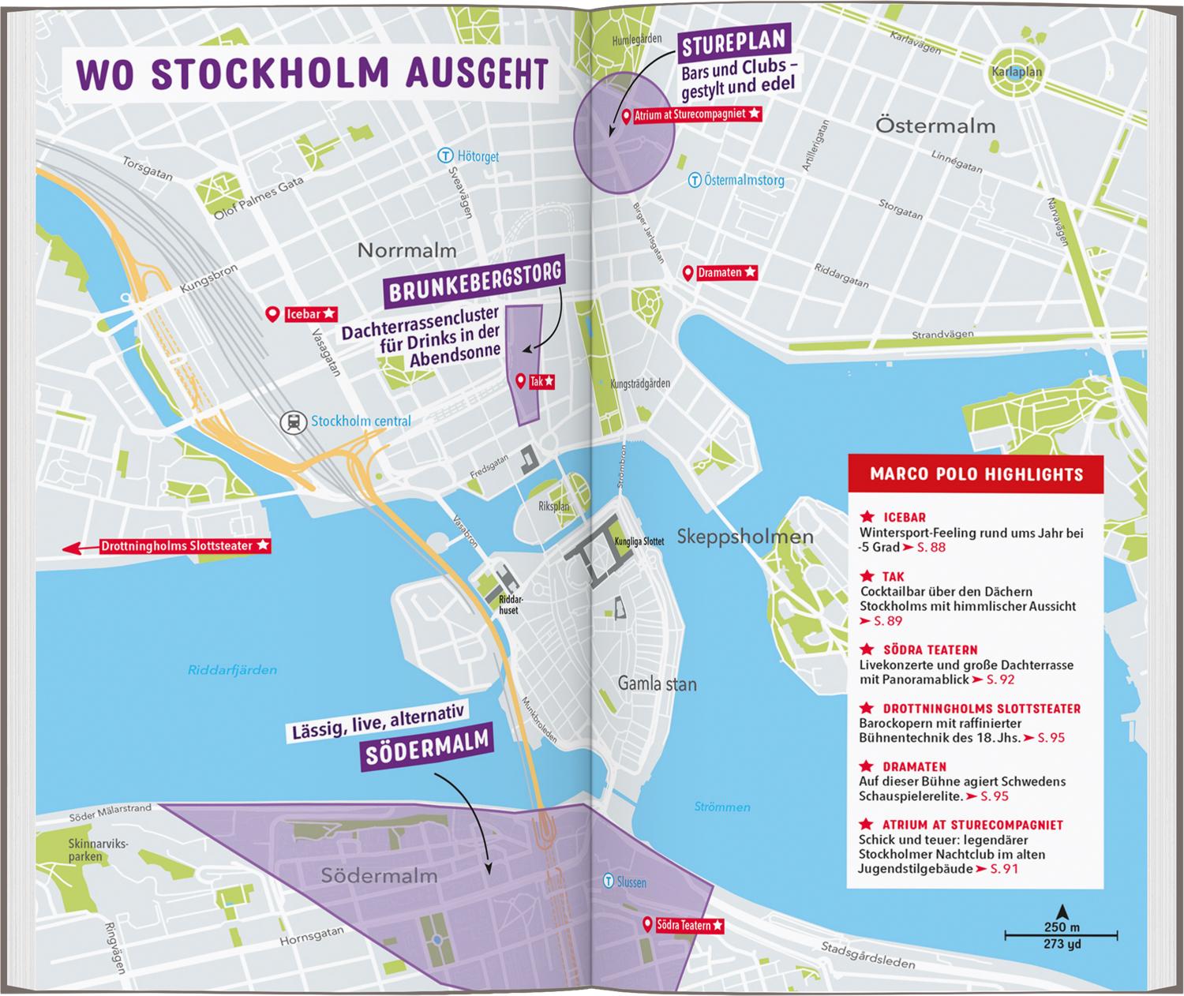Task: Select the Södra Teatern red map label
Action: [683, 925]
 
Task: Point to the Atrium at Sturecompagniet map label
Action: [691, 115]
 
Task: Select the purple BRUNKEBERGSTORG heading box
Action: [475, 281]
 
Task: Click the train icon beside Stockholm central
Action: [294, 421]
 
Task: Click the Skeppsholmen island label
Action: [745, 537]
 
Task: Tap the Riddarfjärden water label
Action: [232, 670]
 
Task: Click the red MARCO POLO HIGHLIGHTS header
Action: [976, 474]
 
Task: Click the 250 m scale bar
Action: [1060, 935]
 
